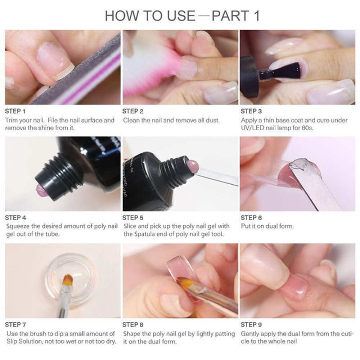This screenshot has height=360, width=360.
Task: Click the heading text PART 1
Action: pos(236,16)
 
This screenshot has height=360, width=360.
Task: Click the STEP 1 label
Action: pos(15,111)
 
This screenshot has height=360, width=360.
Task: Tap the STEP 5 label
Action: pos(133,218)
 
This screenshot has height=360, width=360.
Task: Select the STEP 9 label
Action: pos(251,325)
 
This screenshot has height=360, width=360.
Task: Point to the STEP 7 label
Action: pos(15,325)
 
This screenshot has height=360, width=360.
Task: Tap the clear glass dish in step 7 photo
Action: pos(72,280)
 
